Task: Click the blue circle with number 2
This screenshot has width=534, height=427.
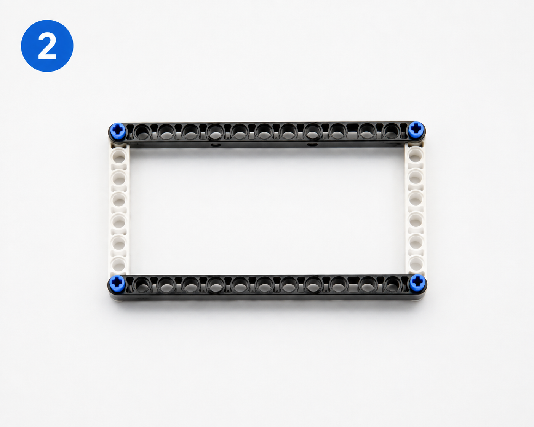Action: [x=47, y=46]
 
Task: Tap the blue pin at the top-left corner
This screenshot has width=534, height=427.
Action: [x=118, y=131]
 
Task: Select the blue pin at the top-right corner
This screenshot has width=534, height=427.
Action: [x=416, y=130]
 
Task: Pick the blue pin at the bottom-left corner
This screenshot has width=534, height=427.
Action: [x=117, y=283]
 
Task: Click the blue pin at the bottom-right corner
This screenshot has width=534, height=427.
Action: [x=417, y=283]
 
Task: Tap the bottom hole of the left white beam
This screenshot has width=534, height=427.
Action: [x=119, y=264]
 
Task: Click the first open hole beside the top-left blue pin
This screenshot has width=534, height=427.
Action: [x=142, y=132]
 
